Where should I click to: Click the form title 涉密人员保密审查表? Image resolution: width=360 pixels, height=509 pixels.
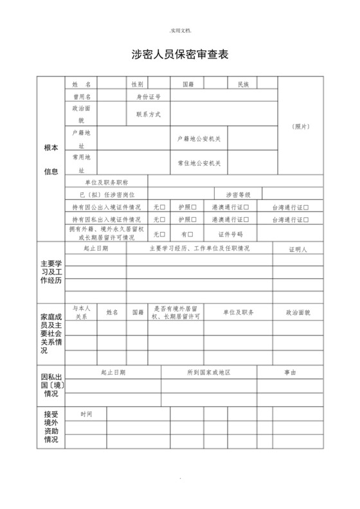tap(179, 56)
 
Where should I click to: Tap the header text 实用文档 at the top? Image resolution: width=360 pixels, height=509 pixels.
tap(180, 30)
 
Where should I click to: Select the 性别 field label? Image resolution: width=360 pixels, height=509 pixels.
tap(138, 84)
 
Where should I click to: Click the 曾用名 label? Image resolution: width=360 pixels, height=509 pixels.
tap(82, 96)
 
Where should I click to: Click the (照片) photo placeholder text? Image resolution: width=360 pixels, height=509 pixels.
tap(300, 126)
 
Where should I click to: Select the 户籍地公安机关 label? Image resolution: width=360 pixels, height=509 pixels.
tap(199, 139)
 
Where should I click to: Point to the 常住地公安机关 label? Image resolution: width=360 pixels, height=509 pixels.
tap(199, 163)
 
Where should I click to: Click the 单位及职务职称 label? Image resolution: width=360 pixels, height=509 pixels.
tap(107, 183)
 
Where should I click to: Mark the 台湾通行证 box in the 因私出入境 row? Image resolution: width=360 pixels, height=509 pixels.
tap(307, 220)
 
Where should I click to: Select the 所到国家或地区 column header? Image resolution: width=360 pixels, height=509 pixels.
tap(209, 372)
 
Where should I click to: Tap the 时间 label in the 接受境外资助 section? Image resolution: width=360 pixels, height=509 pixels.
tap(86, 414)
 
